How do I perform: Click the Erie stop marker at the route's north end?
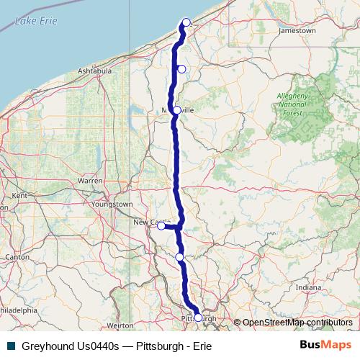(186, 22)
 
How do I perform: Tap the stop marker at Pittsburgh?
(199, 318)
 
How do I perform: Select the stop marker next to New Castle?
(161, 226)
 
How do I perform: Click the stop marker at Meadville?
(177, 110)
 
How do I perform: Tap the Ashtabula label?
(94, 71)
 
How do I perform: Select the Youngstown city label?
(112, 204)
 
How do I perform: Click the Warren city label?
(90, 181)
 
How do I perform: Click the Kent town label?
(19, 195)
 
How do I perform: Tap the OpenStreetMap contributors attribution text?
(297, 323)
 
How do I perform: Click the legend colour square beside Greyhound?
(11, 346)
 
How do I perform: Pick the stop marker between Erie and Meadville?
(181, 69)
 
